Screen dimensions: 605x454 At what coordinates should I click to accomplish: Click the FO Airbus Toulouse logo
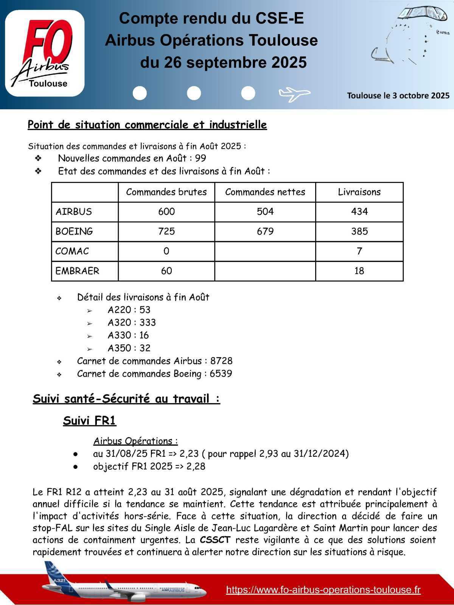[45, 53]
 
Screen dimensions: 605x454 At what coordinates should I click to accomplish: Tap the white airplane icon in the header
[294, 94]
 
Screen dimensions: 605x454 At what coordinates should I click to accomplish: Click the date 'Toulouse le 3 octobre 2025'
[398, 95]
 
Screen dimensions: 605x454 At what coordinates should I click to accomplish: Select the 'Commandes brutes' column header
[166, 192]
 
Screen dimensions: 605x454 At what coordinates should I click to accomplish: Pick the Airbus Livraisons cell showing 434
[359, 212]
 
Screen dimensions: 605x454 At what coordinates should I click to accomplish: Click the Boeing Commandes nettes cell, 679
[265, 231]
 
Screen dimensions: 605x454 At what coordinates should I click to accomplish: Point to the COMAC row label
[72, 251]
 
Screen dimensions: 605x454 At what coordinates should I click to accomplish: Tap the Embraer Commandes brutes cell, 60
[166, 271]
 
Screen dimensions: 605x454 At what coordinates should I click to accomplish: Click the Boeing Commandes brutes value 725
[166, 231]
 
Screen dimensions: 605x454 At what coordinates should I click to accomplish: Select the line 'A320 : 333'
[131, 323]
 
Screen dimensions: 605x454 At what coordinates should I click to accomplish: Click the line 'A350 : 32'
[129, 348]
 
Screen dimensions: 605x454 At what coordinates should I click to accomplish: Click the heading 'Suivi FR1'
[89, 420]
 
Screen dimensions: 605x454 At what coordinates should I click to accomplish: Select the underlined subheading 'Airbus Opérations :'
[135, 441]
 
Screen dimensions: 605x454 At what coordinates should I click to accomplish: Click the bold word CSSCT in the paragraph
[215, 540]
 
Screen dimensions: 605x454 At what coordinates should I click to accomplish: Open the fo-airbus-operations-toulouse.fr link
[323, 589]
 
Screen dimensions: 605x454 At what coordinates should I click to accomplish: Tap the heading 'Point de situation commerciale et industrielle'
[147, 125]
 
